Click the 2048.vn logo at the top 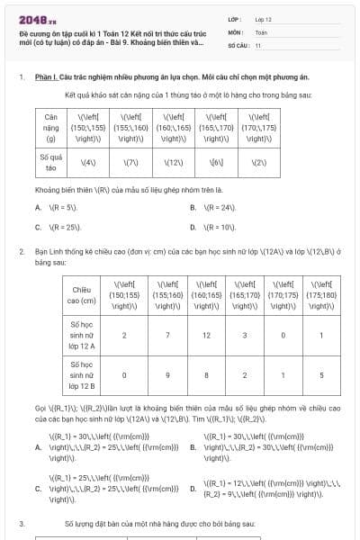click(x=33, y=19)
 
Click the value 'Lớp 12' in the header click(x=264, y=18)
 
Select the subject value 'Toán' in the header click(x=261, y=31)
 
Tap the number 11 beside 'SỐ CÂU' click(x=258, y=44)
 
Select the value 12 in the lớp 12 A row click(x=206, y=336)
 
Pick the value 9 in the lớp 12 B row click(x=165, y=377)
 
